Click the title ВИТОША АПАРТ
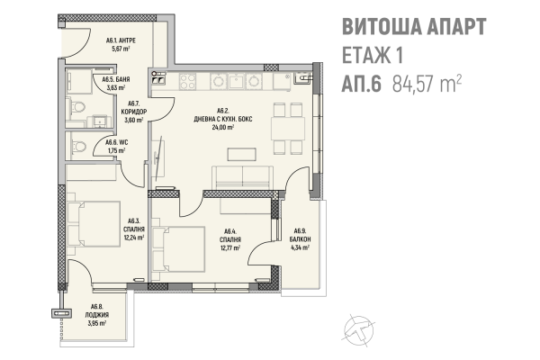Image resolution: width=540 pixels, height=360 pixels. (414, 26)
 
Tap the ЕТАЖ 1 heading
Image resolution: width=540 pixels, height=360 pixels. (373, 55)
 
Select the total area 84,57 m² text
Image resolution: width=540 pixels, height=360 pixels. (427, 84)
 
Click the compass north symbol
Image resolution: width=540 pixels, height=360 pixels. (358, 330)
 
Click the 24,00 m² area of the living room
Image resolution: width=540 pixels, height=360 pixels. (223, 127)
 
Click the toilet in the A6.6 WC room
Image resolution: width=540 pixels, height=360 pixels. (78, 147)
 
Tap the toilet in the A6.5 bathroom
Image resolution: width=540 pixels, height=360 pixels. (77, 107)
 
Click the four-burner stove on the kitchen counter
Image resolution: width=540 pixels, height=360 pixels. (188, 82)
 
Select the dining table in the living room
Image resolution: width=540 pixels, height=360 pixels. (288, 129)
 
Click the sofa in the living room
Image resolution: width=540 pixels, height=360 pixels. (242, 178)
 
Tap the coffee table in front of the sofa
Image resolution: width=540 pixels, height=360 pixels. (241, 154)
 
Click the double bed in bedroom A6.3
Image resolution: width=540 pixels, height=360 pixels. (94, 224)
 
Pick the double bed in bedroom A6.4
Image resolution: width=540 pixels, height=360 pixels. (179, 249)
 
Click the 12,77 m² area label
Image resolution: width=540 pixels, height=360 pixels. (230, 247)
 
